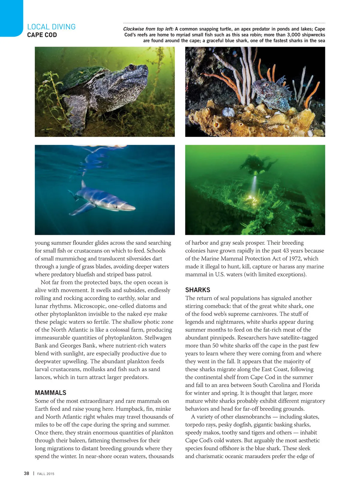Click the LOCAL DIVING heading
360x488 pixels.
[x=51, y=27]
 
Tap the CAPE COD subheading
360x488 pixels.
[x=42, y=35]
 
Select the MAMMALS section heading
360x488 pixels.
[x=50, y=393]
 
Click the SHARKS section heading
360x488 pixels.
[x=198, y=290]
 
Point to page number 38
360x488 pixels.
[x=26, y=473]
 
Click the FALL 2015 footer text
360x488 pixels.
[x=46, y=474]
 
